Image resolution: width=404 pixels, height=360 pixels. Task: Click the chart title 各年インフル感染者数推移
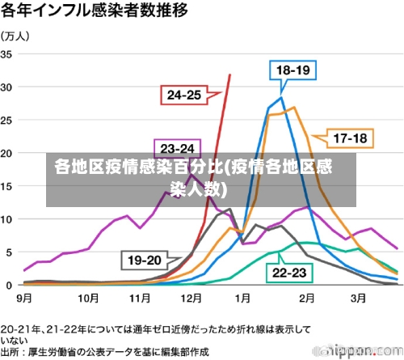click(x=95, y=11)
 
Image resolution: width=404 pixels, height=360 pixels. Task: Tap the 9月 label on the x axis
click(x=24, y=298)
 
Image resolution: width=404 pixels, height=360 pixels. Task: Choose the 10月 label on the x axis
click(x=87, y=298)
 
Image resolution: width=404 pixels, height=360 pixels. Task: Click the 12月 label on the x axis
click(x=191, y=298)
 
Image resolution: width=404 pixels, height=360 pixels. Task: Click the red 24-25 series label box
click(x=183, y=95)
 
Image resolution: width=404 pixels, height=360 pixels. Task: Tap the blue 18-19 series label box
click(x=293, y=71)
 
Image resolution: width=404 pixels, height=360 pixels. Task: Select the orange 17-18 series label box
click(x=350, y=138)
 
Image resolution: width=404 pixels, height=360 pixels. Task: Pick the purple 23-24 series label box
click(x=177, y=149)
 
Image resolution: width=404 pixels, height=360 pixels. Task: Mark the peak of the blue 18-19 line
click(x=281, y=98)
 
